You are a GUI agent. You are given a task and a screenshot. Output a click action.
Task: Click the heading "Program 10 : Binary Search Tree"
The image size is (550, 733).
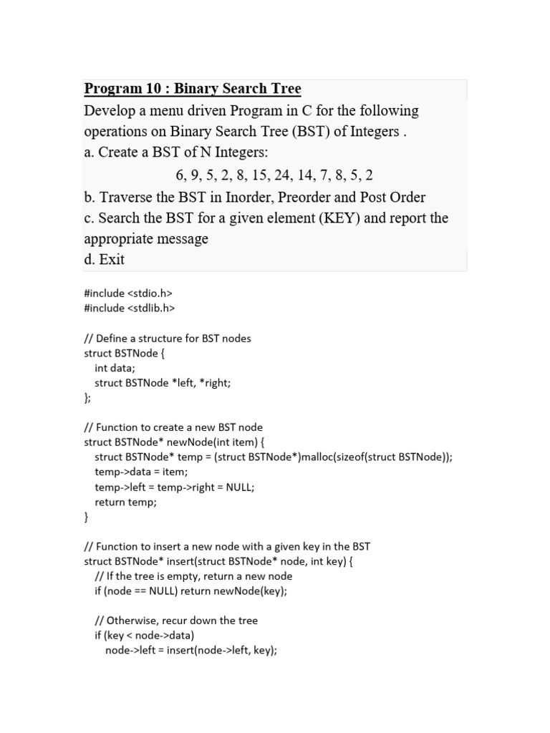coord(193,89)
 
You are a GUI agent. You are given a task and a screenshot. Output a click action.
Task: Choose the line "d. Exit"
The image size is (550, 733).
coord(105,260)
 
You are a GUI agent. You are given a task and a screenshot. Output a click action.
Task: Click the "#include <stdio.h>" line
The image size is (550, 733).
coord(128,293)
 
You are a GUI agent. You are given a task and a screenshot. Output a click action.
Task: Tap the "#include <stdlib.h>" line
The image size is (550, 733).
coord(130,308)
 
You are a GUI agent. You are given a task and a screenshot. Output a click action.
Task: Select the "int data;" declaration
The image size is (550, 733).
coord(115,368)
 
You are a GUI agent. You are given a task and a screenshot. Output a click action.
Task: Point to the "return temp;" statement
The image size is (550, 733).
coord(125,502)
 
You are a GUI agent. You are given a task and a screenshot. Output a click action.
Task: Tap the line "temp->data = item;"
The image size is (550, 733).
coord(141,472)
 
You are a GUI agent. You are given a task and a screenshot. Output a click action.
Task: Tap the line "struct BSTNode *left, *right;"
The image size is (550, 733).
coord(163,383)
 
